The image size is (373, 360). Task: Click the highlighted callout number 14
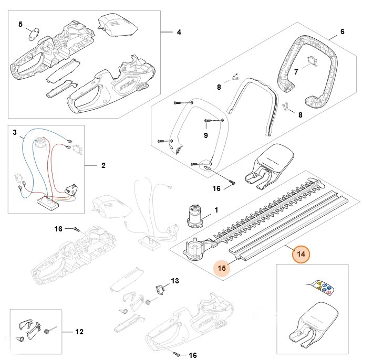click(x=301, y=254)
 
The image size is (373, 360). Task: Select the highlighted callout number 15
click(x=222, y=268)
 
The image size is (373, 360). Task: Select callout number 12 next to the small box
click(x=79, y=332)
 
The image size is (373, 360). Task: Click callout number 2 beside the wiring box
click(x=103, y=165)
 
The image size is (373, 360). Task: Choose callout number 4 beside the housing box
click(x=179, y=32)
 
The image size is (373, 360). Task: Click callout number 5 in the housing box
click(x=20, y=24)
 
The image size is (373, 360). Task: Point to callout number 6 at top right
click(x=342, y=31)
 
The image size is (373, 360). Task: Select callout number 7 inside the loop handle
click(x=296, y=71)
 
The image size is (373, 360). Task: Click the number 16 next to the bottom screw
click(x=192, y=355)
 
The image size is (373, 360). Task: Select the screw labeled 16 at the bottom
click(x=179, y=353)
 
